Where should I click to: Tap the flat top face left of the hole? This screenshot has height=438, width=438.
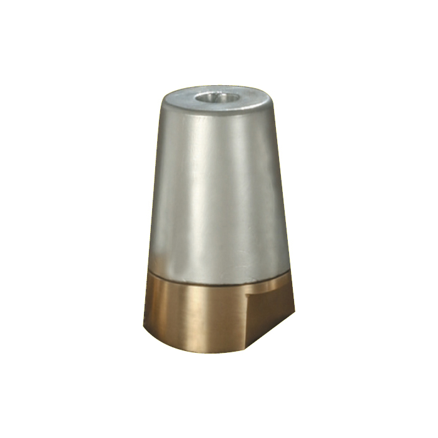tap(181, 100)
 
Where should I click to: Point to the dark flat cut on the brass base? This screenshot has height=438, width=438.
tap(269, 313)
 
